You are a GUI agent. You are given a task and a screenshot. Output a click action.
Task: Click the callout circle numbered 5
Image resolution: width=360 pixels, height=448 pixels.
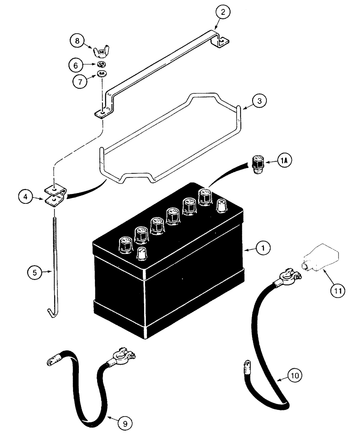click(x=32, y=271)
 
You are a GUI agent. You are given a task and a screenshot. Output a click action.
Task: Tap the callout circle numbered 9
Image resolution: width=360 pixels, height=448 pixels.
click(x=128, y=422)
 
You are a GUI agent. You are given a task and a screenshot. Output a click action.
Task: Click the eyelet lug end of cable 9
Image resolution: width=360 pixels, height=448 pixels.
click(x=52, y=361)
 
